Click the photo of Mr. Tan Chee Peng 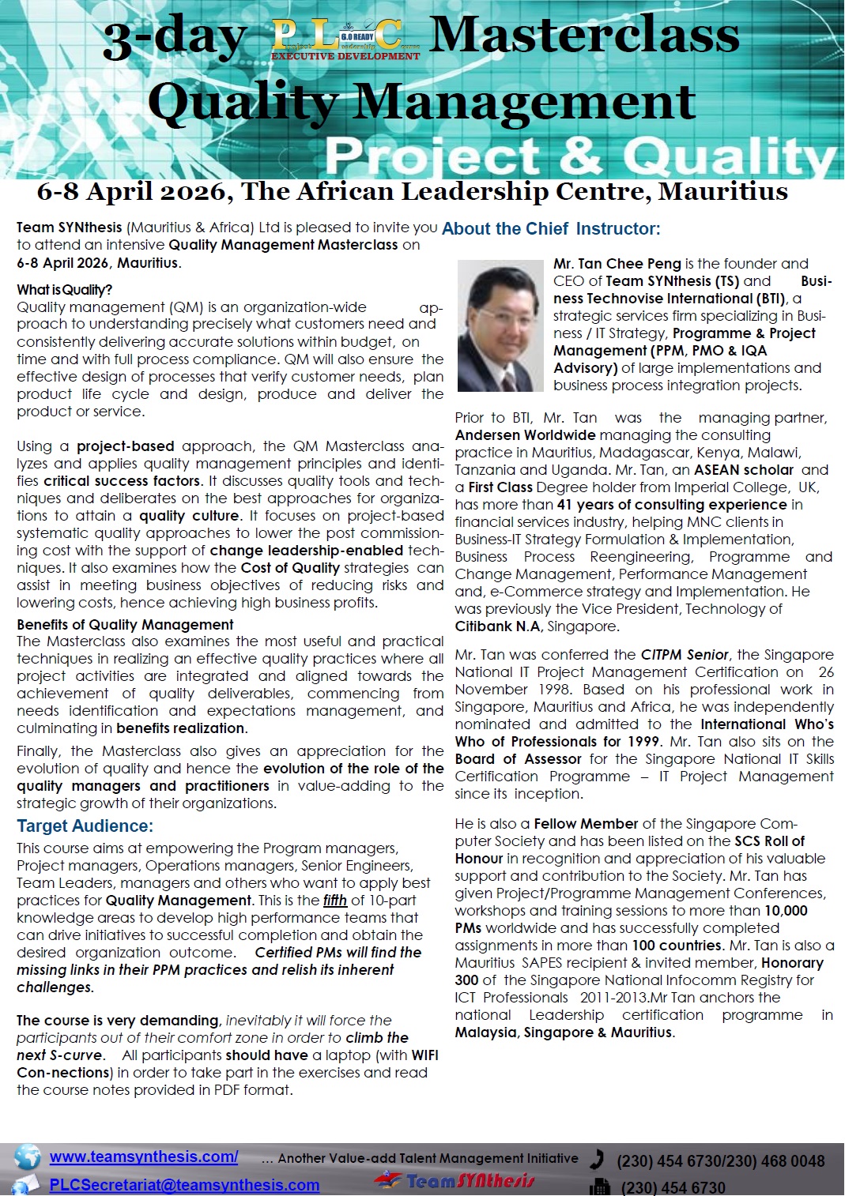501,326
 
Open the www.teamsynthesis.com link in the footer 144,1157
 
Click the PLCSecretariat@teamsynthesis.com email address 184,1185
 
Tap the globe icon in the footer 28,1157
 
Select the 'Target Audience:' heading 85,826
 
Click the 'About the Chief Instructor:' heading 551,229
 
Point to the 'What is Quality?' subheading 65,290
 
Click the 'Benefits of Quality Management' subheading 125,625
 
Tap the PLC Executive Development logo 345,39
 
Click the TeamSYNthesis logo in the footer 455,1181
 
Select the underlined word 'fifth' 335,901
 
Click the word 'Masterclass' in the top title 584,36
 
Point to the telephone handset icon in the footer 598,1159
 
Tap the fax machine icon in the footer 600,1187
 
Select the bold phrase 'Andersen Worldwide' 525,435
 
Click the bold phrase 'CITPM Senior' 685,655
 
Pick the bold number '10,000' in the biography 786,911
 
